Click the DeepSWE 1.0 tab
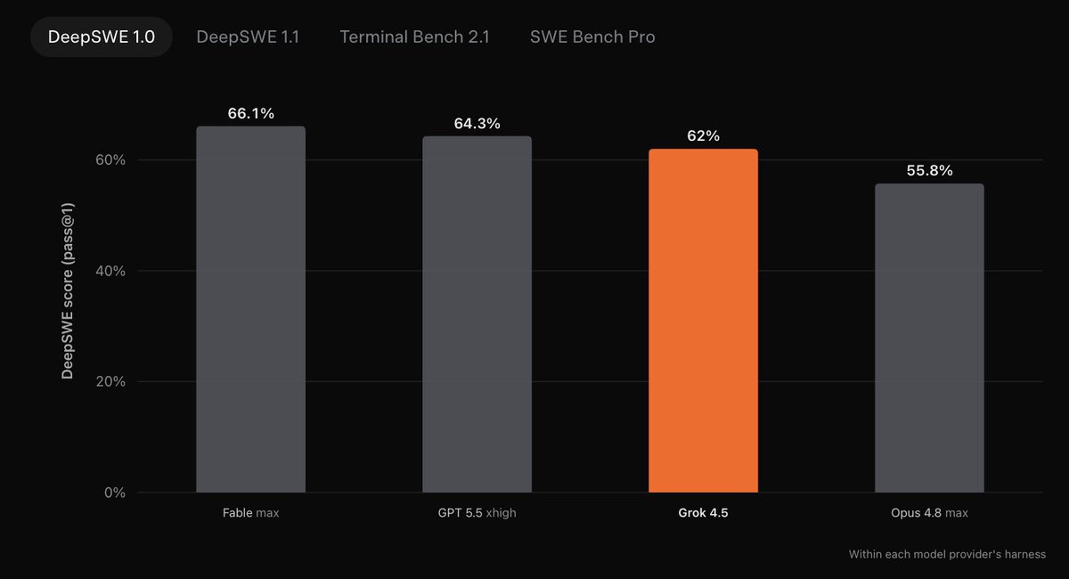(102, 37)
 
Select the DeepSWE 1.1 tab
(248, 37)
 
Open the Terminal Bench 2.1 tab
(414, 37)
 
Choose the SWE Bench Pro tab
(592, 37)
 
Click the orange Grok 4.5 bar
(703, 321)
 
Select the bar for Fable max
(250, 309)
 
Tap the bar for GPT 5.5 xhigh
(477, 314)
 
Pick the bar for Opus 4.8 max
(929, 338)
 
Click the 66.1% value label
(250, 113)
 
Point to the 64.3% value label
(477, 124)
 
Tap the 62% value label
(703, 136)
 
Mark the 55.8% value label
(929, 170)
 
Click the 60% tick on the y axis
(110, 160)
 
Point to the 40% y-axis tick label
(110, 271)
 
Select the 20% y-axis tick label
(110, 381)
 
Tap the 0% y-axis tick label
(115, 492)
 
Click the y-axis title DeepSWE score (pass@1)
(68, 291)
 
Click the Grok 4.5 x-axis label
(703, 513)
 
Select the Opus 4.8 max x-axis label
(929, 513)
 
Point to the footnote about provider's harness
(947, 554)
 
